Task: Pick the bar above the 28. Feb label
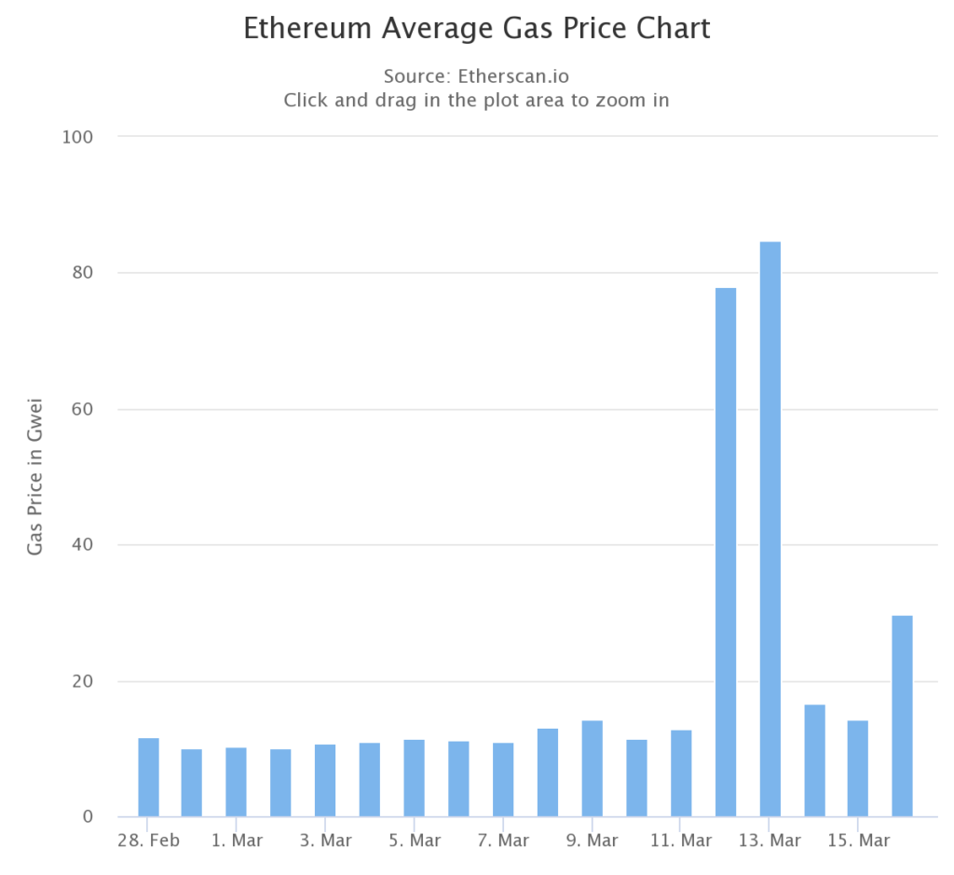148,777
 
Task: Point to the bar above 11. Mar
681,773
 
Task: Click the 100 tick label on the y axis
77,137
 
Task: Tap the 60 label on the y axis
82,409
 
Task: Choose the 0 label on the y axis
88,817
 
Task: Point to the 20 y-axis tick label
82,681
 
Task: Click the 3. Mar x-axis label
325,841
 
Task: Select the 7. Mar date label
502,841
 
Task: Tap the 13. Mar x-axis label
769,841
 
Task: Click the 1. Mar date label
237,841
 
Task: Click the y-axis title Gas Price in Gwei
35,475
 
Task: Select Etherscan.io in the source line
513,75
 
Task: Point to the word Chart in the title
675,28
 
